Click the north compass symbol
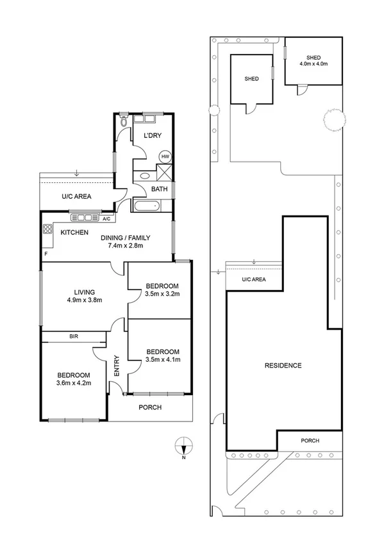(x=184, y=445)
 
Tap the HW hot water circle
(x=165, y=157)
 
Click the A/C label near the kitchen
(x=105, y=219)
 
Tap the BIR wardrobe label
(x=74, y=336)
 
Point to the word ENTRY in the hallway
(x=117, y=366)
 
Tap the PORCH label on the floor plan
(x=149, y=407)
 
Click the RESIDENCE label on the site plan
(x=283, y=366)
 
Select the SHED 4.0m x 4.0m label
(x=313, y=61)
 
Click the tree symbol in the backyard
(x=335, y=120)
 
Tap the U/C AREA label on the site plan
(x=254, y=280)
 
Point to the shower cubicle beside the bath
(x=164, y=173)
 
